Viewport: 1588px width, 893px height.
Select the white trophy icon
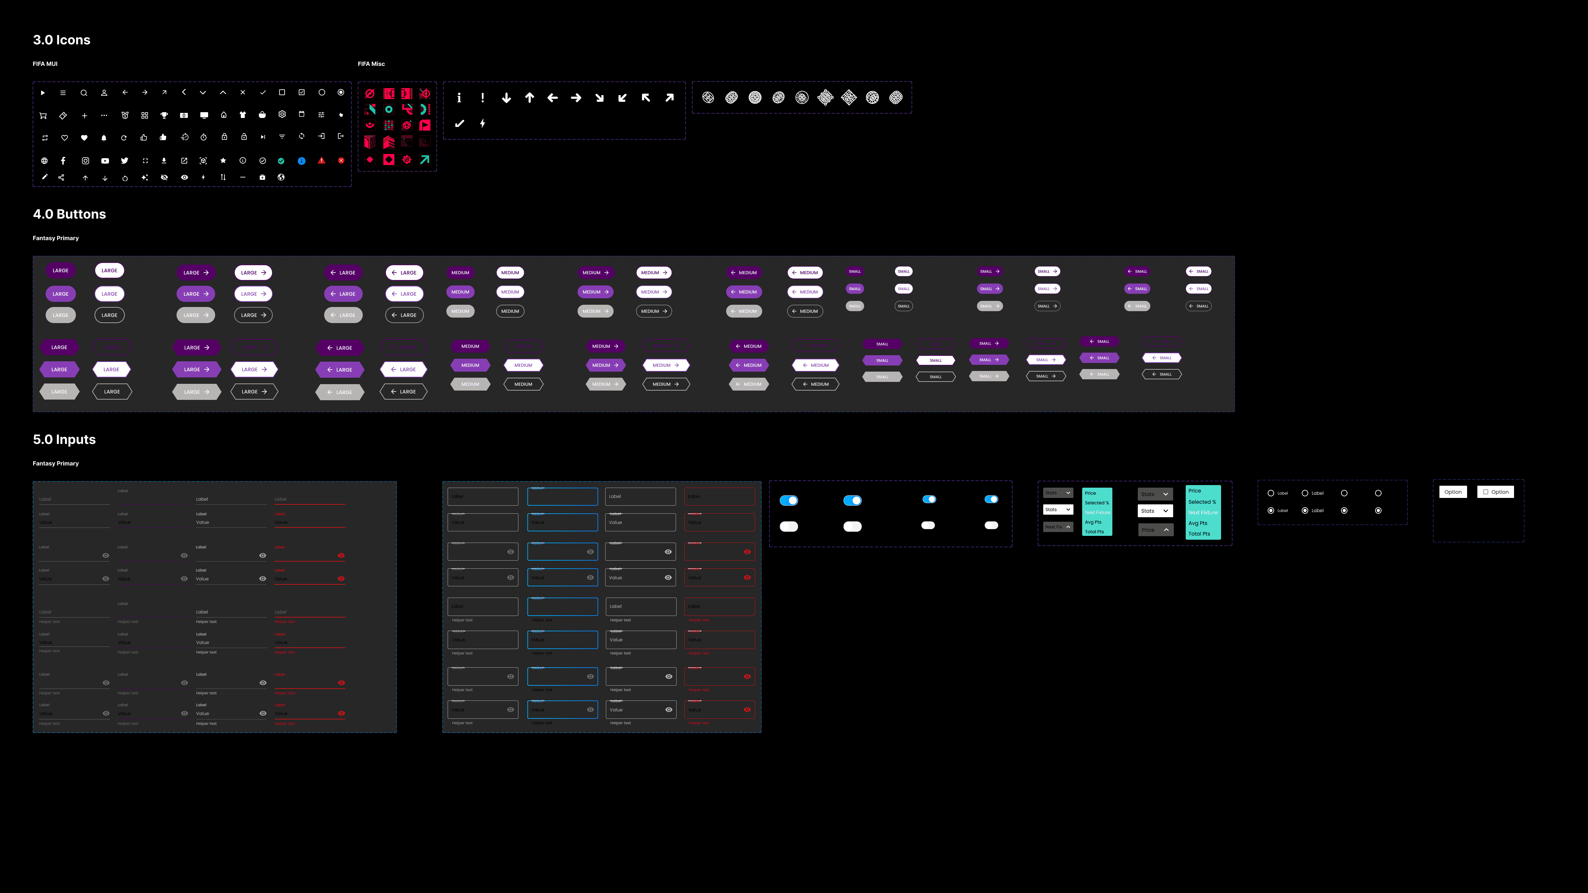tap(164, 115)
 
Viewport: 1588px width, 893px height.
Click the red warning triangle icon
tap(321, 160)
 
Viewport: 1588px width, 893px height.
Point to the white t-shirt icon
tap(243, 115)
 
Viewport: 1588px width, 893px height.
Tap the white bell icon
tap(104, 138)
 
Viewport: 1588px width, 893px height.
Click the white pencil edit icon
tap(44, 177)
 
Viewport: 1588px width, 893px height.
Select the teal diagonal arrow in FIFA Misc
tap(425, 160)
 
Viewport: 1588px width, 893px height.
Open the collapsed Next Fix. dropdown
tap(1058, 527)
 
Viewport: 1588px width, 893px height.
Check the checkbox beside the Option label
tap(1486, 492)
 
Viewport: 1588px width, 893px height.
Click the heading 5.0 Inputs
tap(64, 439)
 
